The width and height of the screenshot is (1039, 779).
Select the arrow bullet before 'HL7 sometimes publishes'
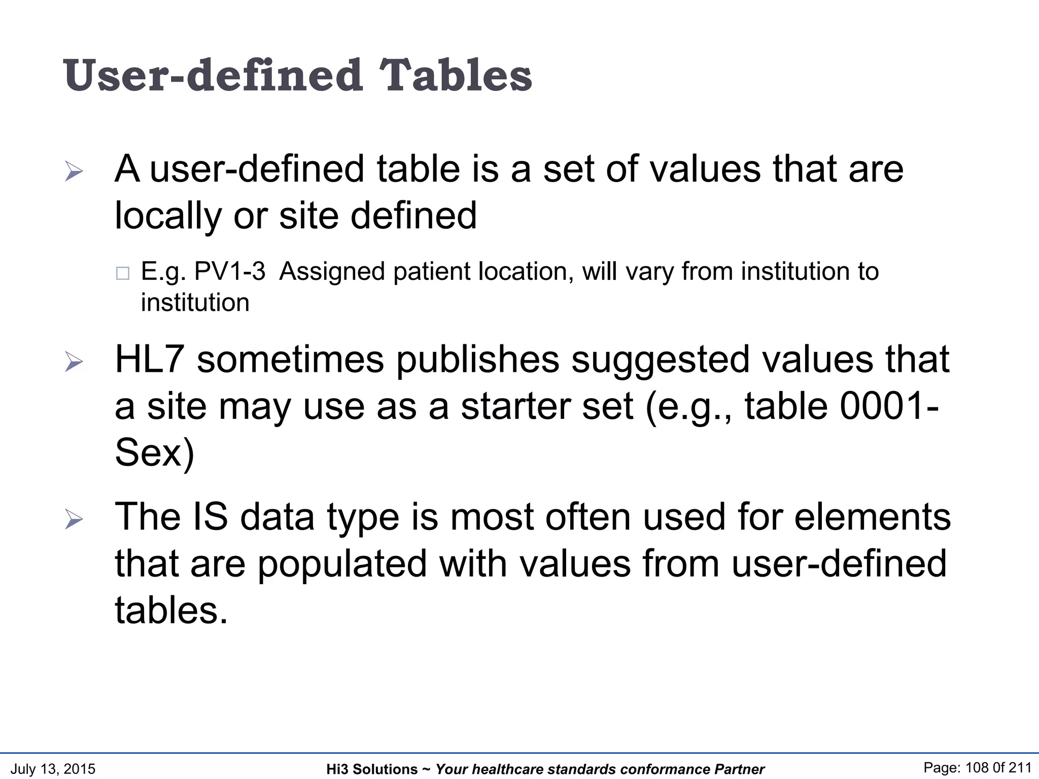pos(74,362)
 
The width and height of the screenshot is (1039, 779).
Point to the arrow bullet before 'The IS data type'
pos(74,519)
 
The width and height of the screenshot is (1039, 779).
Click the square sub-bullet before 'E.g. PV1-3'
pos(122,273)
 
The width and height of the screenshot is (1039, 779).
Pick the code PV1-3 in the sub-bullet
pos(230,271)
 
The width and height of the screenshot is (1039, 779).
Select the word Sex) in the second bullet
pos(155,453)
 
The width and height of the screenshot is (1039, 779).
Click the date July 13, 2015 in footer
pos(53,769)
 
